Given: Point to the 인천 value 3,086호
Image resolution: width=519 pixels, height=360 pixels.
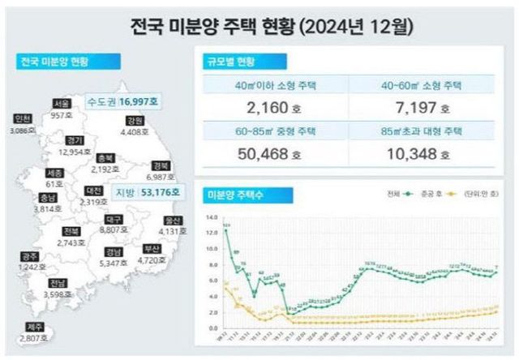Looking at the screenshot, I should coord(19,128).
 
